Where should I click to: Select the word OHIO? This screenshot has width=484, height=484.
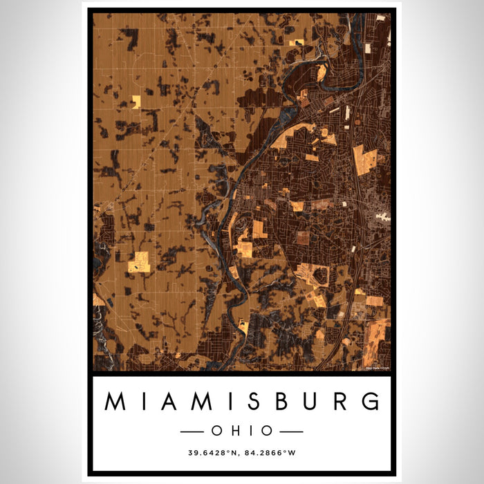pos(242,431)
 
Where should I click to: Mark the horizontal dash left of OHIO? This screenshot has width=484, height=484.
pos(192,431)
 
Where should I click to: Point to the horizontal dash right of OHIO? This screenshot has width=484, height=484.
pos(291,431)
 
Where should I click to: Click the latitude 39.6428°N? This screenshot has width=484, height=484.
pos(211,454)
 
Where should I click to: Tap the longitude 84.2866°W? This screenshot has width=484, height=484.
pos(275,454)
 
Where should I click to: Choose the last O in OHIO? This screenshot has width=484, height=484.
pos(266,431)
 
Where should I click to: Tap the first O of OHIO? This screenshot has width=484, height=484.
pos(217,431)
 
